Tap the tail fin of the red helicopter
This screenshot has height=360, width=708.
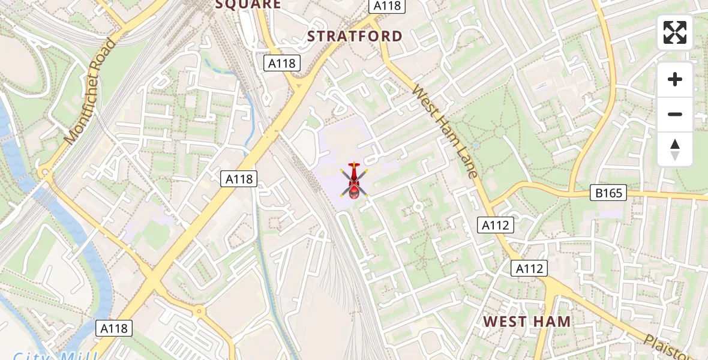pos(354,165)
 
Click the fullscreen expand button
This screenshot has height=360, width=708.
pos(675,32)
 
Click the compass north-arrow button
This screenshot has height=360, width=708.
pos(675,149)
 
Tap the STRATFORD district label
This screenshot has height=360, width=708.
pos(355,36)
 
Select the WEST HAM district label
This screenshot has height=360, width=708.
pos(527,322)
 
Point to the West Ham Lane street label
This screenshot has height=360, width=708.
pos(445,132)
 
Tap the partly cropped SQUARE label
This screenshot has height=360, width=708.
pos(248,5)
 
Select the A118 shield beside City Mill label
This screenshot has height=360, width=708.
pos(114,328)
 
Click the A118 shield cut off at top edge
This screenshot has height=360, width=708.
pos(388,6)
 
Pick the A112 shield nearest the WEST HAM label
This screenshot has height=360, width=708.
pos(529,268)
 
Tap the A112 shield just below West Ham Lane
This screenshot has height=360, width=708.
pos(496,225)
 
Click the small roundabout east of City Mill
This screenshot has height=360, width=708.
pos(199,311)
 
